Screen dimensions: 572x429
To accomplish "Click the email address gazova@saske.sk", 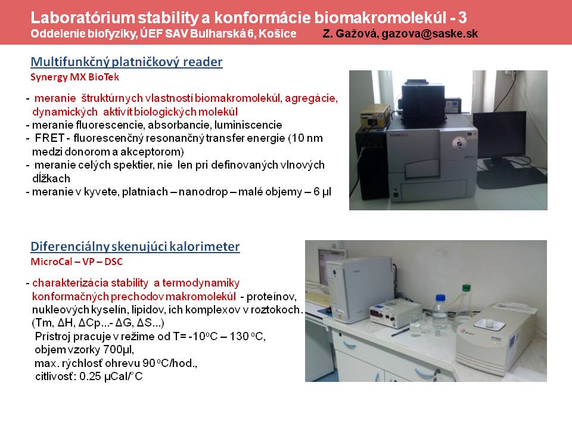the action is click(430, 34).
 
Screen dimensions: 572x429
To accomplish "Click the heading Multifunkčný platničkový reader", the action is click(126, 61).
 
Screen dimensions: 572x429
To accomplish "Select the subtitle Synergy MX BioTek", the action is click(75, 77).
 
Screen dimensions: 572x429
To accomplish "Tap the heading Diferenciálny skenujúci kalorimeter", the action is click(135, 246).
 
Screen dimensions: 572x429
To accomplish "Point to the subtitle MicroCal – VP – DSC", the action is click(77, 262).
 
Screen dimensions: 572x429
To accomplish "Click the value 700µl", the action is click(119, 350).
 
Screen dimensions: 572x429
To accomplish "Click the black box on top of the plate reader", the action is click(423, 101).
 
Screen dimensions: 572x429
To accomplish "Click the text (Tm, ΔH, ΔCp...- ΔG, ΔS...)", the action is click(98, 323).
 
